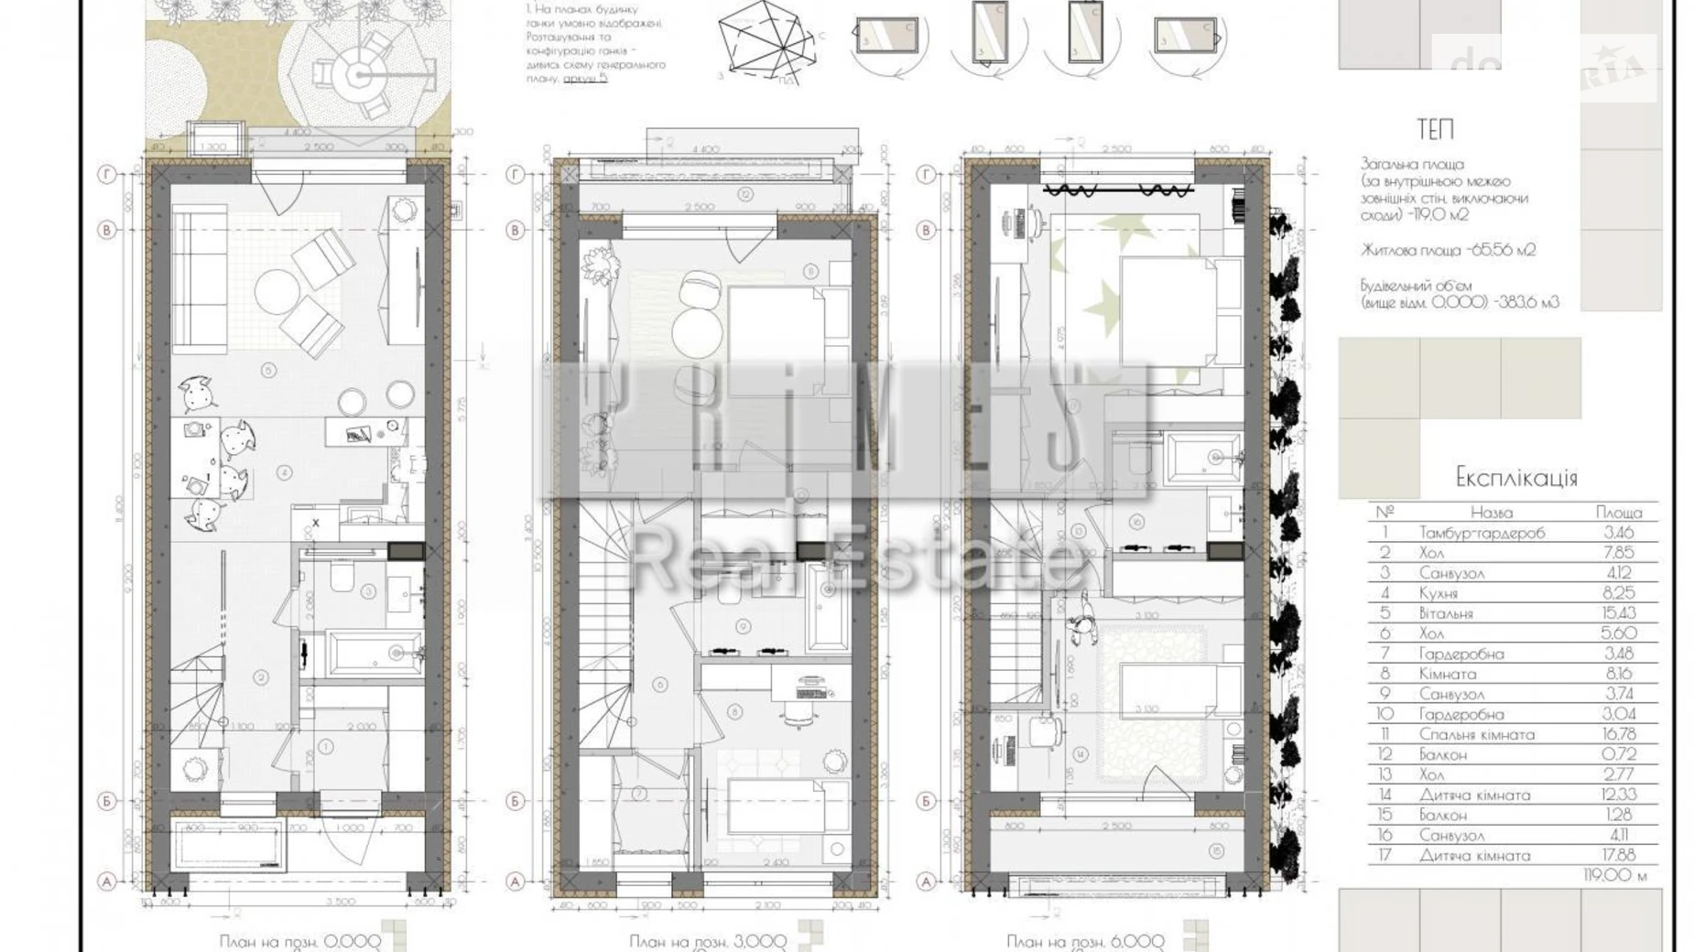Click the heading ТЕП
[x=1435, y=130]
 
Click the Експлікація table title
[x=1515, y=477]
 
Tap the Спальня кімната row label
[x=1476, y=734]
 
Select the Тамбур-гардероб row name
[x=1481, y=532]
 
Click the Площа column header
[x=1618, y=512]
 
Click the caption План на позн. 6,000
[x=1085, y=940]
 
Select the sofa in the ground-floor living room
[x=199, y=280]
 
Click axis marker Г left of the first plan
[x=107, y=174]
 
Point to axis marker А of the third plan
[x=926, y=882]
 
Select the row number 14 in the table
[x=1385, y=795]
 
